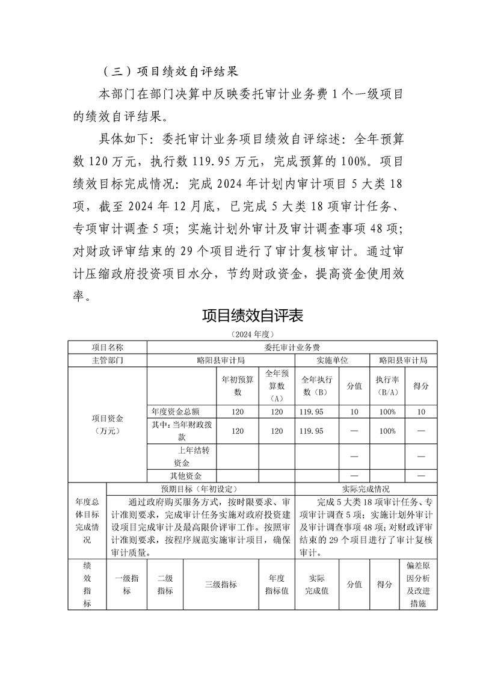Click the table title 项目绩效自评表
(x=252, y=316)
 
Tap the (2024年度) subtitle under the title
(x=252, y=333)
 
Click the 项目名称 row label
(x=108, y=347)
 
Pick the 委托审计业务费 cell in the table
(x=292, y=347)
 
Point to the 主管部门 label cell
(x=108, y=360)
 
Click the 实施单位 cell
(x=332, y=360)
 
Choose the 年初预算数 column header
(x=238, y=386)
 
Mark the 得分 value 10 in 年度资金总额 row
(x=421, y=411)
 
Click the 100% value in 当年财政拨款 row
(x=387, y=431)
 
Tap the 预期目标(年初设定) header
(x=200, y=489)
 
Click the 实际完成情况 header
(x=366, y=489)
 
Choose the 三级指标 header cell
(x=221, y=584)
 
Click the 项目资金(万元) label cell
(x=108, y=424)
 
